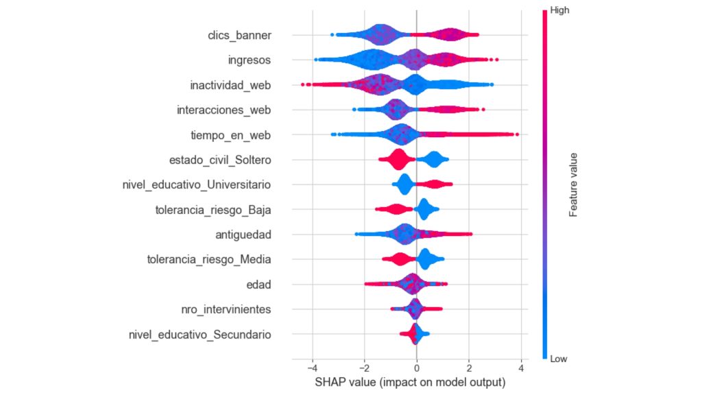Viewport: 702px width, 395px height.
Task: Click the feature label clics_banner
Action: [239, 35]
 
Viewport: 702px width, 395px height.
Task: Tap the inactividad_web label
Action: [230, 85]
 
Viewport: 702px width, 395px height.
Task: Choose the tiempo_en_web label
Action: [230, 135]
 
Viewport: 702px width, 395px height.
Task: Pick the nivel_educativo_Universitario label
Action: [195, 184]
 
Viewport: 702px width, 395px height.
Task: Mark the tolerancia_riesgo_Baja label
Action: [213, 210]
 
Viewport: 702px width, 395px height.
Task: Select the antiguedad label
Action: [243, 235]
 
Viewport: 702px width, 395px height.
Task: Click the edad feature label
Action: [259, 285]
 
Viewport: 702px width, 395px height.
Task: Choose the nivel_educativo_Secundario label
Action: [199, 335]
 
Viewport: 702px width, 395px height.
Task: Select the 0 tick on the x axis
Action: [416, 368]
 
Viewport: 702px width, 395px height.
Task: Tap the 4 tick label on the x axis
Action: [521, 368]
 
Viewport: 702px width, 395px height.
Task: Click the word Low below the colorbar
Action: [559, 358]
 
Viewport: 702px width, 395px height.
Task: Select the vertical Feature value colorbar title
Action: [573, 184]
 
